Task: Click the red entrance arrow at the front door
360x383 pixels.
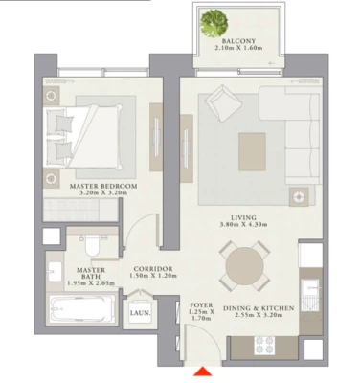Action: click(203, 372)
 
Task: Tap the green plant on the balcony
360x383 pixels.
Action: click(214, 23)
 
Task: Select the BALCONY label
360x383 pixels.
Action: click(238, 41)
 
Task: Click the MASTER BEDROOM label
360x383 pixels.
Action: click(103, 186)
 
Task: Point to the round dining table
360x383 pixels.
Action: click(245, 266)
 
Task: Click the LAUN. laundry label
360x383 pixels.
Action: click(140, 313)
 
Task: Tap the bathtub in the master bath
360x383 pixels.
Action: click(81, 308)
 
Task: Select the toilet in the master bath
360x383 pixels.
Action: click(92, 246)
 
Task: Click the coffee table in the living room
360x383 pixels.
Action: click(252, 152)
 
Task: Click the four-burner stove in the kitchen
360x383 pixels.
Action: click(264, 345)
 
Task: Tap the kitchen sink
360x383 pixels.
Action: click(310, 288)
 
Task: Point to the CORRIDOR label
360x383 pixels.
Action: click(153, 269)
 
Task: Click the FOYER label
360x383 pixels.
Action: click(201, 305)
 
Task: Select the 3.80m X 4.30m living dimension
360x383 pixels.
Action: click(243, 224)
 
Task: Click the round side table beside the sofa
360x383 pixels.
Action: click(299, 197)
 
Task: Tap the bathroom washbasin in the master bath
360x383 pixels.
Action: click(55, 272)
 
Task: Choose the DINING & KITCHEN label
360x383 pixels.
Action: click(259, 308)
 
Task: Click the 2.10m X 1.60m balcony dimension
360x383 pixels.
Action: click(238, 48)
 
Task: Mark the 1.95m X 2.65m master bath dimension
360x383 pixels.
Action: click(91, 283)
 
